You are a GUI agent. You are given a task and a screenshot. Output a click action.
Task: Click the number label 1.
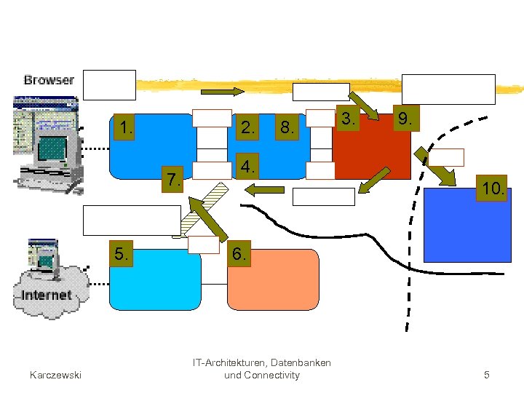click(127, 129)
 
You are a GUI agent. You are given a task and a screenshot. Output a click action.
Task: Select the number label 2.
click(248, 129)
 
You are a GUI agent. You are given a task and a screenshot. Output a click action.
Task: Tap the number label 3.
click(349, 119)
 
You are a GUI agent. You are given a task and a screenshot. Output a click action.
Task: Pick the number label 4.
click(248, 167)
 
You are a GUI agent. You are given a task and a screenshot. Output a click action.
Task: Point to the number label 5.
click(123, 255)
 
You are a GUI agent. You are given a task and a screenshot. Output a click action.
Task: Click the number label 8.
click(287, 129)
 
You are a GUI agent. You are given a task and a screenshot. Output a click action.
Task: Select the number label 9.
click(403, 119)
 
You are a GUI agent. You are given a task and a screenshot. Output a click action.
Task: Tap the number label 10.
click(492, 189)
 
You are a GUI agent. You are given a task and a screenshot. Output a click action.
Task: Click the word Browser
click(49, 80)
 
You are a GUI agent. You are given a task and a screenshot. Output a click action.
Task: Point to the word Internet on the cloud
click(47, 295)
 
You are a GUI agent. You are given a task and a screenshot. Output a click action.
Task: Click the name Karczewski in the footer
click(55, 375)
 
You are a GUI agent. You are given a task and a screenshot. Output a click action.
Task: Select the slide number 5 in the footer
click(487, 375)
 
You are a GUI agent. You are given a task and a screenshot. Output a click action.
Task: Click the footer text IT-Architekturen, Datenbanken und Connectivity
click(261, 369)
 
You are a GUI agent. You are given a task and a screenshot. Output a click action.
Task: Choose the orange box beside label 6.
click(273, 280)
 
